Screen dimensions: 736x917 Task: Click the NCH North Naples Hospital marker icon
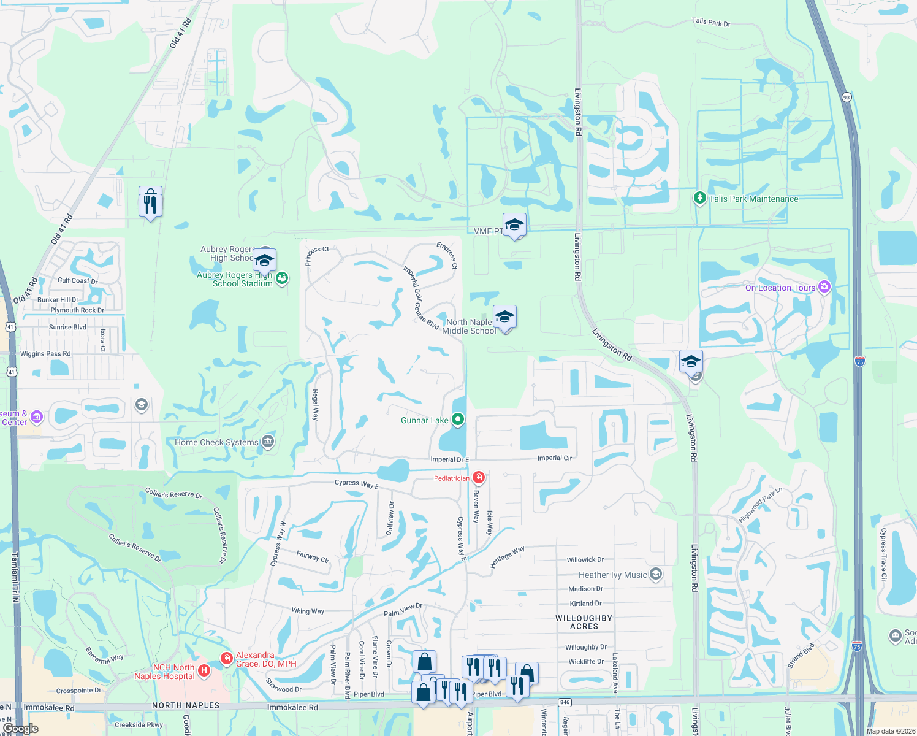204,672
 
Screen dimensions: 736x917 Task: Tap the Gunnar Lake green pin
458,420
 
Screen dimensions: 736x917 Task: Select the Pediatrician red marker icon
479,478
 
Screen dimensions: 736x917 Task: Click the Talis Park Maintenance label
753,199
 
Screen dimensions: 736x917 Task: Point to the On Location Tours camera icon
824,288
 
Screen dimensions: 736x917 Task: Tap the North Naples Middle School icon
504,318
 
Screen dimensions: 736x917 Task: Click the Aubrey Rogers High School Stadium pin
282,279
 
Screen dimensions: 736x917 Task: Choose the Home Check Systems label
216,442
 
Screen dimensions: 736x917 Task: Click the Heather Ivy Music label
612,575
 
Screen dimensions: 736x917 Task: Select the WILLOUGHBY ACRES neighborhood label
584,622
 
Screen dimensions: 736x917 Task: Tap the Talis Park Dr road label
711,22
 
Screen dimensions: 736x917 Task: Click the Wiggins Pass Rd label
45,354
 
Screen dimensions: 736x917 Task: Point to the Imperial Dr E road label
449,459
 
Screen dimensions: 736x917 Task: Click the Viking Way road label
308,611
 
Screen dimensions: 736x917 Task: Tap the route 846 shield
565,702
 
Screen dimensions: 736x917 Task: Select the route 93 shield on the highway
847,97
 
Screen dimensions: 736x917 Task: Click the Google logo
21,729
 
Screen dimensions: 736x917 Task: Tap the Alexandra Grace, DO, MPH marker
226,659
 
